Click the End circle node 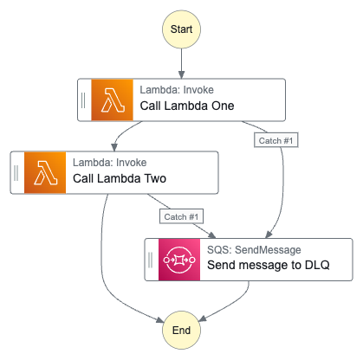coord(181,331)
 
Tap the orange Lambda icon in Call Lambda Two coord(46,172)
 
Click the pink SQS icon coord(179,259)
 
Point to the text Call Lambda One coord(186,106)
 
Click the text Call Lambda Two coord(120,180)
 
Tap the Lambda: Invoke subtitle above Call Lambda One coord(177,89)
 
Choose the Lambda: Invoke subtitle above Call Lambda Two coord(110,162)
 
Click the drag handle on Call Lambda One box coord(84,100)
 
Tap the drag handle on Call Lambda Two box coord(17,172)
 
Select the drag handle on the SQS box coord(151,259)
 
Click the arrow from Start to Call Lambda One coord(181,62)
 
